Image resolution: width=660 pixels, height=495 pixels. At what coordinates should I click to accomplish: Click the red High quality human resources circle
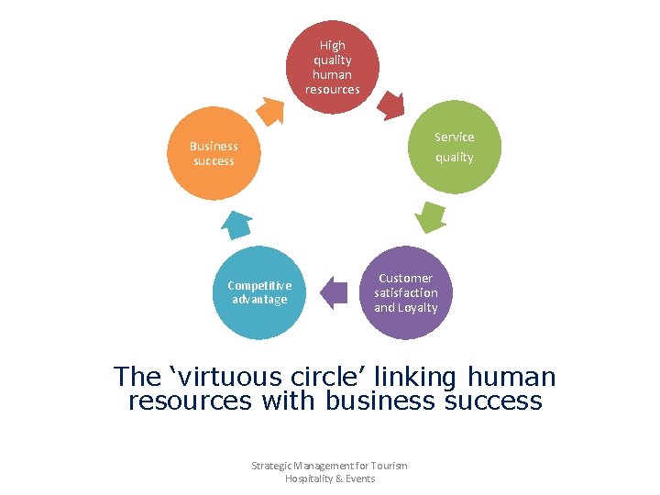[x=333, y=67]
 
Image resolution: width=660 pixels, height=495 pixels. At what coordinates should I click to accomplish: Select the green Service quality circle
[x=454, y=147]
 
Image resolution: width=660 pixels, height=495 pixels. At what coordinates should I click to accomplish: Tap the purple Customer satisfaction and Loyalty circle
[x=406, y=292]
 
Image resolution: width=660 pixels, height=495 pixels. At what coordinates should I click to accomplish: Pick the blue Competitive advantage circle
[x=259, y=292]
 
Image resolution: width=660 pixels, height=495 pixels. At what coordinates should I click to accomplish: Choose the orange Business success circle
[x=214, y=154]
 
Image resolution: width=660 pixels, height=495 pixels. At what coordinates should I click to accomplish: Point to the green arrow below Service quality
[x=429, y=217]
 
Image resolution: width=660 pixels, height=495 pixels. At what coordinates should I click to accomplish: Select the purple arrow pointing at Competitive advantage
[x=335, y=293]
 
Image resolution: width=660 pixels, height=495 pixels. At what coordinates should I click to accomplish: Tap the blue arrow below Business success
[x=237, y=224]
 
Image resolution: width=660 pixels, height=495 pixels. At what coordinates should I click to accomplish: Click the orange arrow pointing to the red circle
[x=270, y=109]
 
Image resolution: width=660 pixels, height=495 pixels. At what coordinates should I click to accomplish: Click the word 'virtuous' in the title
[x=214, y=377]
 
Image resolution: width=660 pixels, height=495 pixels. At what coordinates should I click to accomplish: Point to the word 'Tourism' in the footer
[x=389, y=466]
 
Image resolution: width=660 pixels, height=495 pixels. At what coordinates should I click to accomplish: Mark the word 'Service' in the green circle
[x=455, y=137]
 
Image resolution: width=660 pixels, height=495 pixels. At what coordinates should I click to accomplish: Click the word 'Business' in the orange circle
[x=214, y=146]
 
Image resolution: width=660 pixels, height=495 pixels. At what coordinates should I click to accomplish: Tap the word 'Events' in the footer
[x=360, y=478]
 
